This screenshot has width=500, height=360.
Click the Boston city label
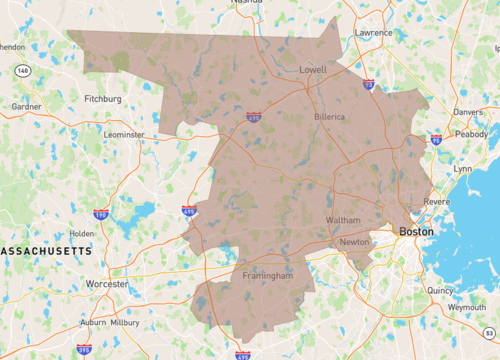[x=416, y=231]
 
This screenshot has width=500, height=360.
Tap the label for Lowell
[x=313, y=70]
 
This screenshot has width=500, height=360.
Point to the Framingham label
[x=267, y=275]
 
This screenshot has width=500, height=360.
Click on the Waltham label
[x=343, y=220]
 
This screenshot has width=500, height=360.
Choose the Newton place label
[x=354, y=242]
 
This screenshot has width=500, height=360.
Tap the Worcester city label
[x=107, y=284]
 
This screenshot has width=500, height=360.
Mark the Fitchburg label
[x=102, y=99]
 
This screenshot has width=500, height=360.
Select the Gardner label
[x=26, y=106]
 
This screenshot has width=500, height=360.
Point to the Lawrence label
[x=373, y=33]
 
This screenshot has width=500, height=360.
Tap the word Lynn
[x=463, y=168]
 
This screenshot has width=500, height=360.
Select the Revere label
[x=436, y=202]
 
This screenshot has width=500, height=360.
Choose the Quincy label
[x=440, y=291]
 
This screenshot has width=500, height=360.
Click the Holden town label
[x=82, y=234]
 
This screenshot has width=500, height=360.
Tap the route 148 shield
[x=22, y=71]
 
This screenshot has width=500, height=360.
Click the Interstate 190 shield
[x=101, y=214]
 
